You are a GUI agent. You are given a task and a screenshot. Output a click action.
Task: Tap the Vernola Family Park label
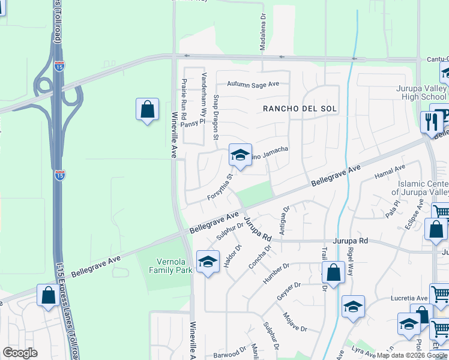coord(166,266)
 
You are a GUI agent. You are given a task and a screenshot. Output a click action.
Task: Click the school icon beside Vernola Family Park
coord(208,262)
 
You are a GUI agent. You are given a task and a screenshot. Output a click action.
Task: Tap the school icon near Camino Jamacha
coord(240,155)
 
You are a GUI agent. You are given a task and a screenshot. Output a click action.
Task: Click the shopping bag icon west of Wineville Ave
coord(147,110)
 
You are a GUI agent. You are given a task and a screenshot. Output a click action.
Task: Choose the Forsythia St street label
coord(220,188)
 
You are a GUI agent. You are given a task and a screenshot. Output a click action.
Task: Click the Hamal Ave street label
coord(390,172)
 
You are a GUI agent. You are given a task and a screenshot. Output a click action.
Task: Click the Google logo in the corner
coord(20,353)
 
